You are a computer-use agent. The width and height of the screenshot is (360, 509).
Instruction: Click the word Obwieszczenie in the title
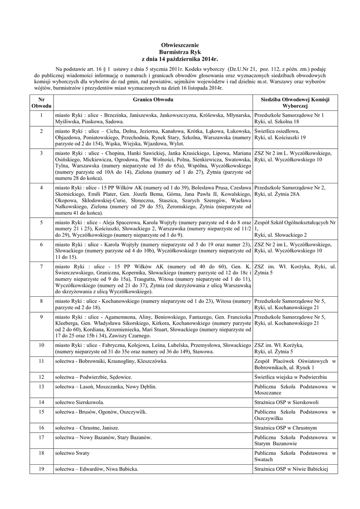[180, 45]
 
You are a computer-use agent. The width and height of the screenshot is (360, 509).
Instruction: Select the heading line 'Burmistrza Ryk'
[180, 52]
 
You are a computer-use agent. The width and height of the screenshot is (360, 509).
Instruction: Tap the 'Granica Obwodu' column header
[153, 99]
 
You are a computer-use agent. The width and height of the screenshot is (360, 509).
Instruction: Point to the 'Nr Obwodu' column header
[41, 103]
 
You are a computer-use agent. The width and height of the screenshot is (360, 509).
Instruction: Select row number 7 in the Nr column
[41, 267]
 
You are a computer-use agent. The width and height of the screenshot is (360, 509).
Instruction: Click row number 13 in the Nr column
[41, 386]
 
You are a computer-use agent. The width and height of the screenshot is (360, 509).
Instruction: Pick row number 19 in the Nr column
[41, 469]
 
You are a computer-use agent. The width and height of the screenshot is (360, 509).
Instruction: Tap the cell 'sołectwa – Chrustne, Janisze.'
[87, 427]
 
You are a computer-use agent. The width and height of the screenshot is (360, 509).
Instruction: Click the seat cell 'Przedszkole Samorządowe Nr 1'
[288, 115]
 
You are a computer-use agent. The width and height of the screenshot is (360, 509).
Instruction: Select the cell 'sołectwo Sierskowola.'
[80, 402]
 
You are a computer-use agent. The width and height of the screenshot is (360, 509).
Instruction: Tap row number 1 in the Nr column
[41, 115]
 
